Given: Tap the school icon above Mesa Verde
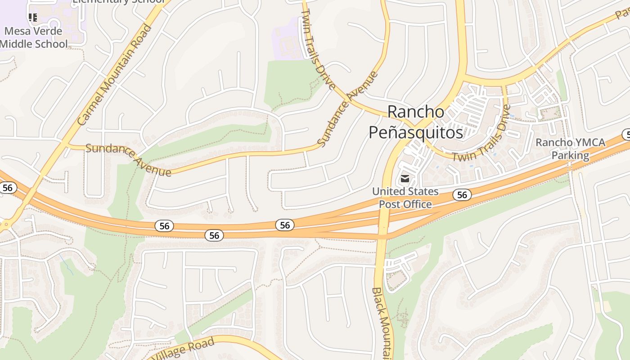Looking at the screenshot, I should [x=32, y=18].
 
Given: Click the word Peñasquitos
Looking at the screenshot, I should [x=416, y=133].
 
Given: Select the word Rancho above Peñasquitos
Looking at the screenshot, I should [x=415, y=111].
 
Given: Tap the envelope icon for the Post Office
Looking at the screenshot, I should [x=405, y=179].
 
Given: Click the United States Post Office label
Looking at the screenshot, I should [x=405, y=198].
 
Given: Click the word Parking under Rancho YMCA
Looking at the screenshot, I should [x=570, y=156].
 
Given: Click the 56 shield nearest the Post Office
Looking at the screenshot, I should [x=462, y=194].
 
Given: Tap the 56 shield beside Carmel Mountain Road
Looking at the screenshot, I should [x=8, y=187].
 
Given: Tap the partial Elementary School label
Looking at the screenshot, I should [x=119, y=1].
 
